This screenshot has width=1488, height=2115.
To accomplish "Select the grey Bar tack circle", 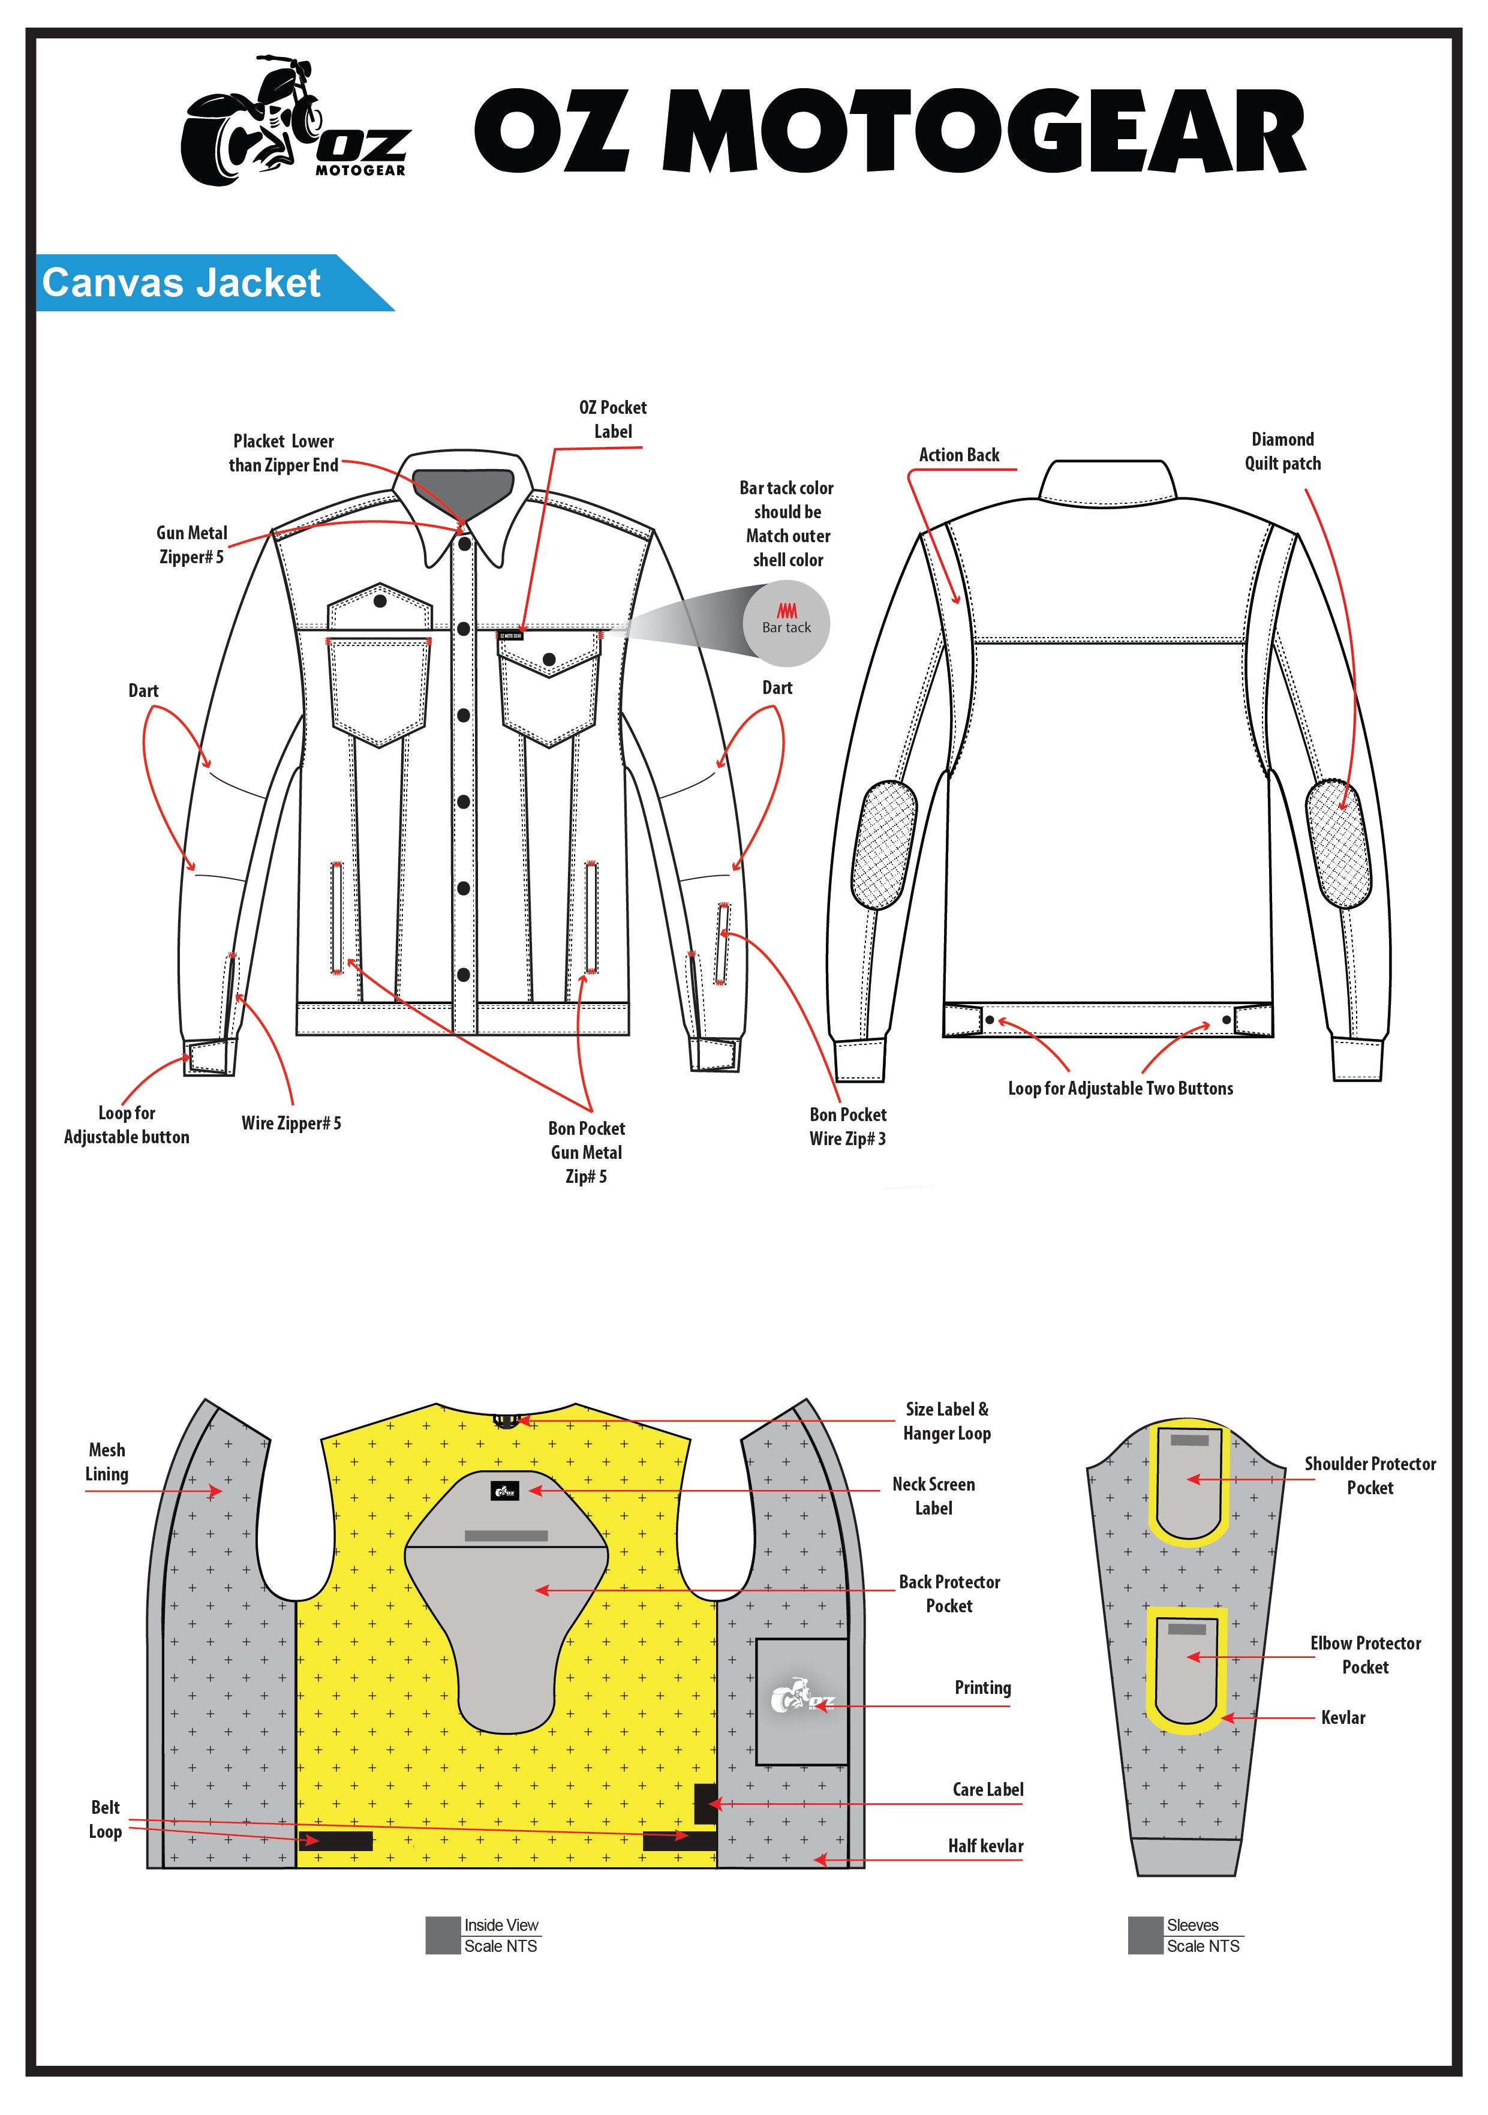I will pos(786,623).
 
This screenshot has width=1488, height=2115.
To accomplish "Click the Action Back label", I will pos(958,455).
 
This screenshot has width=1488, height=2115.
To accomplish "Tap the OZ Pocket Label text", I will pos(612,419).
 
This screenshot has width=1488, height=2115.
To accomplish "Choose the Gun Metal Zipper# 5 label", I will pos(191,545).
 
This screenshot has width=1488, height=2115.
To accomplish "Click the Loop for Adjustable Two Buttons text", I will pos(1120,1088).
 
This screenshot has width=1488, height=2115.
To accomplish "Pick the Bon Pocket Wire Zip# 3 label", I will pos(847,1126).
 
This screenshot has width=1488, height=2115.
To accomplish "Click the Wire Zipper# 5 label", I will pos(291,1123).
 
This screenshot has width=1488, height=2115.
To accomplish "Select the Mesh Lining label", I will pos(107,1462).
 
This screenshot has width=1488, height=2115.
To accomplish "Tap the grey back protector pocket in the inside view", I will pos(506,1622).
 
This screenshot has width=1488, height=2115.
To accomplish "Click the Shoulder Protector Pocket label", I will pos(1369,1476).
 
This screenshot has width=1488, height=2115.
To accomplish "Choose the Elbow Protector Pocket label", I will pos(1364,1654).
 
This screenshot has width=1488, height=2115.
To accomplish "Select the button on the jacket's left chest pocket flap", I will pos(380,602).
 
